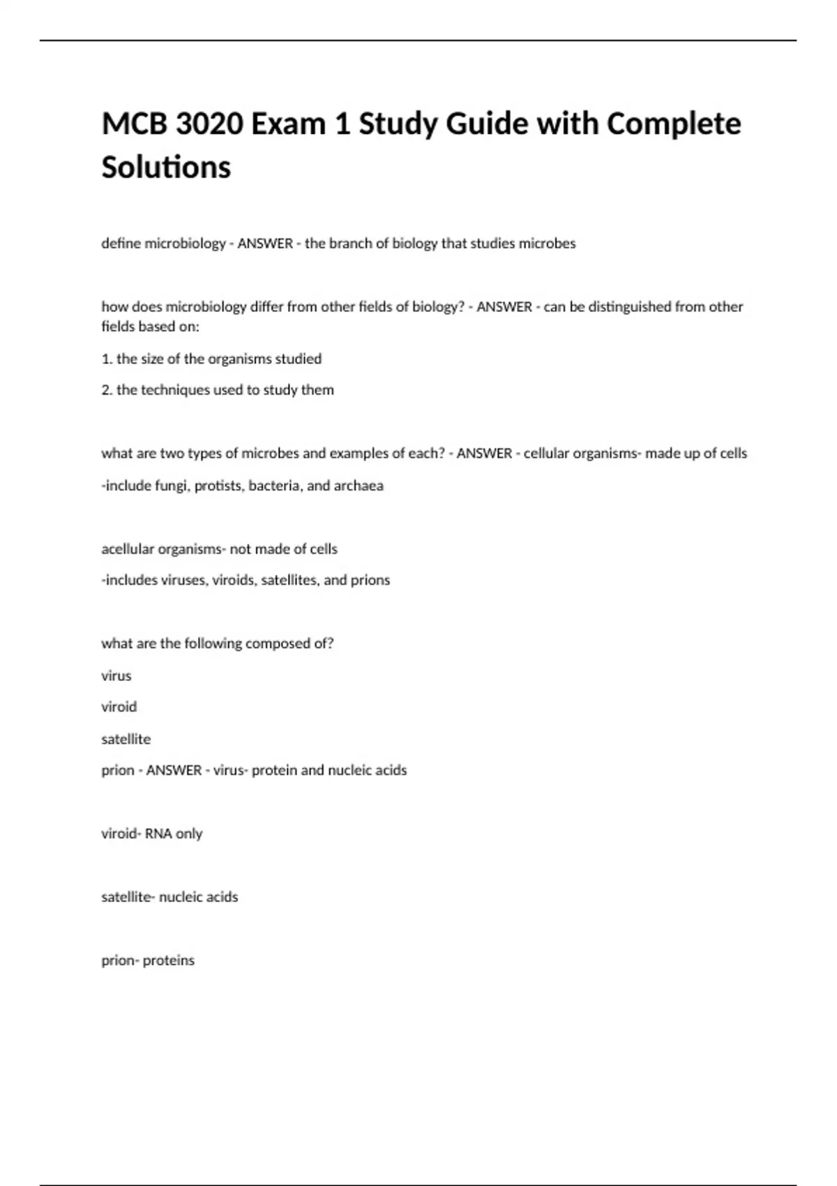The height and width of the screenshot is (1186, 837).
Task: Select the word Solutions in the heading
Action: tap(166, 167)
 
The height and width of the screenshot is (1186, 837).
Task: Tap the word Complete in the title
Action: tap(674, 125)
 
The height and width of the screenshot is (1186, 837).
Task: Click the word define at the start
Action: tap(121, 243)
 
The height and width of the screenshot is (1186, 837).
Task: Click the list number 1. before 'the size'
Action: tap(107, 359)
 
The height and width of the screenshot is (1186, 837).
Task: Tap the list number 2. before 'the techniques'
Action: tap(107, 390)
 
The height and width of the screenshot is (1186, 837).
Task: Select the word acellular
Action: tap(128, 549)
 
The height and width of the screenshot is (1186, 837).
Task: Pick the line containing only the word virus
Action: tap(116, 675)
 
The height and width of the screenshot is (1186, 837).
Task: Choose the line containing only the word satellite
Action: tap(126, 739)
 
